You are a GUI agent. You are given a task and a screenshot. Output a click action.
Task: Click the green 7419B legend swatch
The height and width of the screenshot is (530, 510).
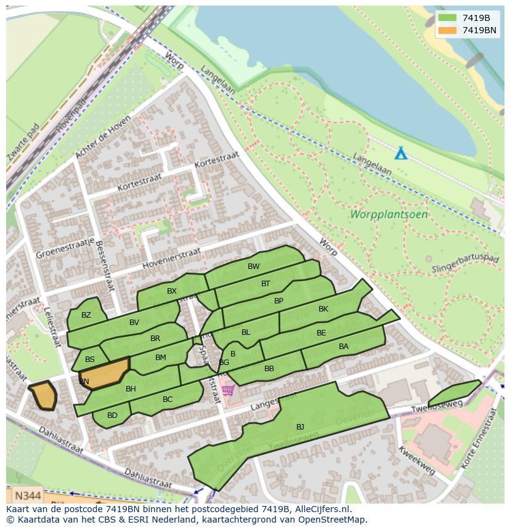coord(447,18)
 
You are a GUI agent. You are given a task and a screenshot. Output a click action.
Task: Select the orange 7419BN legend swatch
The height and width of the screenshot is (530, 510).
coord(447,30)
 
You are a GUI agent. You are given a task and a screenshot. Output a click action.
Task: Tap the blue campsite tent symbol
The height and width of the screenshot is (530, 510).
coord(400,153)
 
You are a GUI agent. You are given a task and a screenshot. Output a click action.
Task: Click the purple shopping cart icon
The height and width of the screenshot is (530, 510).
coord(229,390)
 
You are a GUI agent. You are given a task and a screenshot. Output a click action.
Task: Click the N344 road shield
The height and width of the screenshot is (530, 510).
coord(28,496)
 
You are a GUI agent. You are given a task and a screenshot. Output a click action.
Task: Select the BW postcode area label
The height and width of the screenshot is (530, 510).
coord(253,267)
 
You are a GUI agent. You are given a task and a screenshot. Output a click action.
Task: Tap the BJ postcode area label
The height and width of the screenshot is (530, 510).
coord(300,427)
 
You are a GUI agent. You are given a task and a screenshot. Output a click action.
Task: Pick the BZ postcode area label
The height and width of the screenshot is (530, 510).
coord(86,315)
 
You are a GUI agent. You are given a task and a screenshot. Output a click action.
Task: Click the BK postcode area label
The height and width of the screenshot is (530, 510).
coord(323,309)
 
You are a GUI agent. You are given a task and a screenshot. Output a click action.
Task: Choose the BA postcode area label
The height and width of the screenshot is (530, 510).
coord(344,347)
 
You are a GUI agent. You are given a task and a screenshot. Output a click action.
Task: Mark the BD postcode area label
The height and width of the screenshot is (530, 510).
coord(112,416)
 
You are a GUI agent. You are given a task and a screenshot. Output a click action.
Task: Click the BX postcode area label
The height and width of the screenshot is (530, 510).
coord(172,291)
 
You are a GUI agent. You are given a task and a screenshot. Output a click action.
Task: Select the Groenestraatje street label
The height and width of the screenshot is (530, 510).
coord(64,247)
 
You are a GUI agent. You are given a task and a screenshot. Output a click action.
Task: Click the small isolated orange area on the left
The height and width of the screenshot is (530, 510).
coord(43,395)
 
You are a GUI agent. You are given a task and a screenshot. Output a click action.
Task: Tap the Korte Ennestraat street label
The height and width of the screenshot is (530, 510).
coord(484,443)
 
